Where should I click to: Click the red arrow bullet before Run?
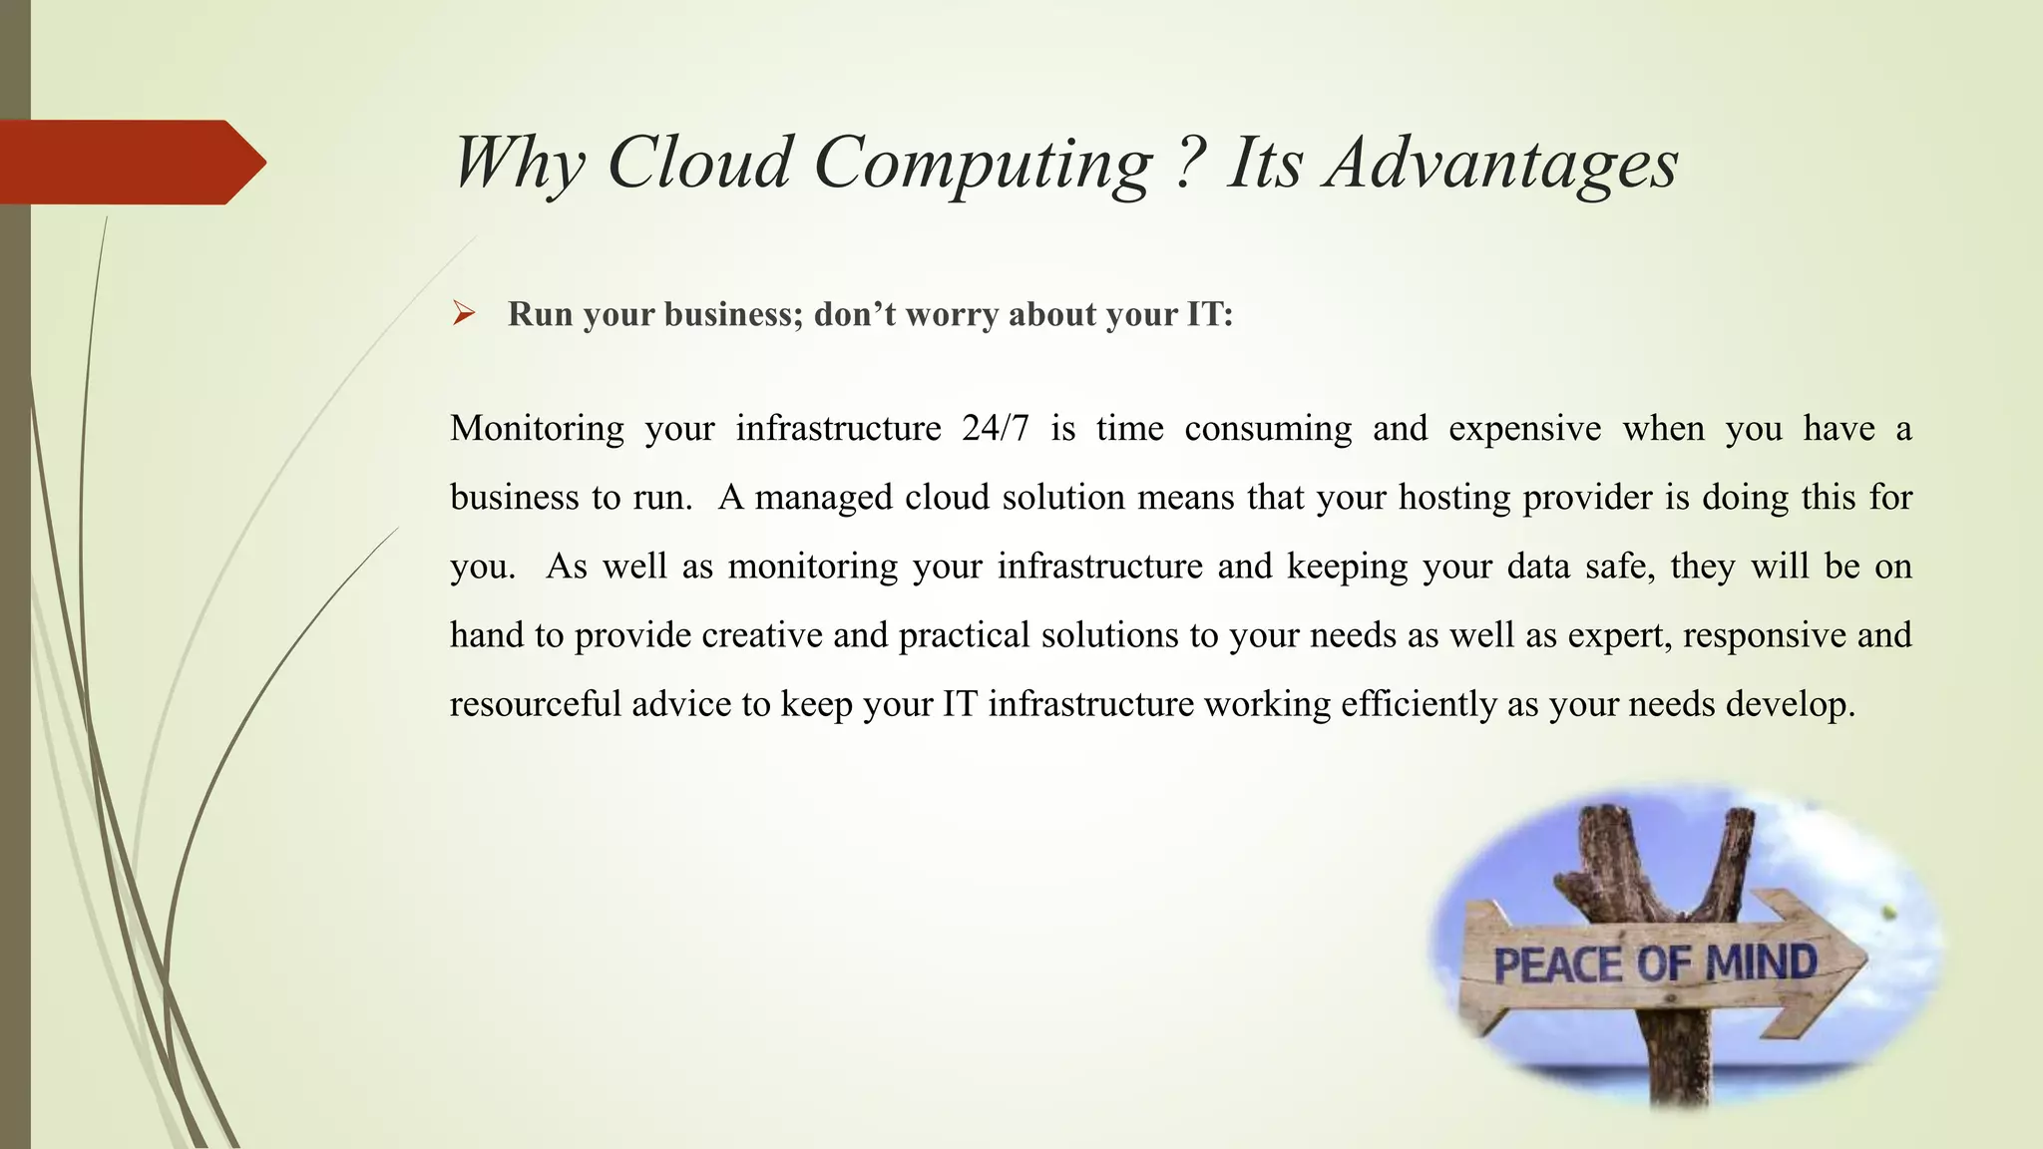[463, 315]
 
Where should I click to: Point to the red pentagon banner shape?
[130, 162]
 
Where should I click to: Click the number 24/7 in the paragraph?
[995, 429]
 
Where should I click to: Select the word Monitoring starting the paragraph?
[537, 429]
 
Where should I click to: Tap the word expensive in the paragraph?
[1524, 429]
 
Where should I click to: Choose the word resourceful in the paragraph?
[536, 704]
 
